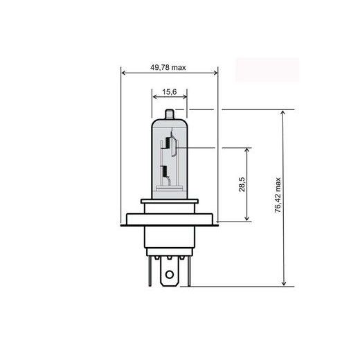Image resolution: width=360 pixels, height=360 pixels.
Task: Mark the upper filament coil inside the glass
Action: coord(165,144)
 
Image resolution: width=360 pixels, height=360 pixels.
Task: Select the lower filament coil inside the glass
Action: coord(164,173)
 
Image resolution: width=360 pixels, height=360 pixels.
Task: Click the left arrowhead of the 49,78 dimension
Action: coord(123,73)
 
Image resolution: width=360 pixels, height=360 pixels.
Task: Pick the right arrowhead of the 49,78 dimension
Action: coord(215,73)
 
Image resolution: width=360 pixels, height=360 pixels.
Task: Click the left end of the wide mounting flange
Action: coord(123,223)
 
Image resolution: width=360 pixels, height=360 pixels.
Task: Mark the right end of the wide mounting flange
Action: coord(217,223)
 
